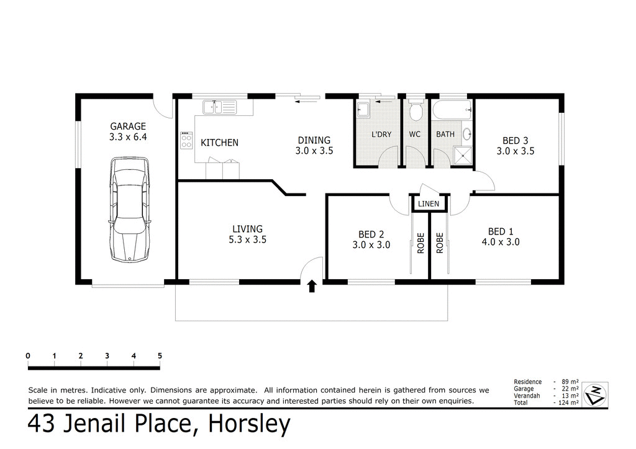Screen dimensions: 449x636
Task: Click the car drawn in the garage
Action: (x=129, y=209)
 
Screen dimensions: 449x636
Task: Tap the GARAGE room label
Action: (x=128, y=127)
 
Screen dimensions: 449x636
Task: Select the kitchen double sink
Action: (x=218, y=107)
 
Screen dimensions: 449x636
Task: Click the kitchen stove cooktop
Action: (x=186, y=140)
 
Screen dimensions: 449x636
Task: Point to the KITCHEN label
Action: (x=219, y=143)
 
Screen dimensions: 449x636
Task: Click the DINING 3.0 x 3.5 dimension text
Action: (x=314, y=150)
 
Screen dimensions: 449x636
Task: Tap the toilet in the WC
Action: (x=416, y=111)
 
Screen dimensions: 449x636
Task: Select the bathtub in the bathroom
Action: (x=451, y=110)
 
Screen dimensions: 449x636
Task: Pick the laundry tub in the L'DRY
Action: (x=363, y=110)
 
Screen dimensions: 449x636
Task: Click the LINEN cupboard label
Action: (x=429, y=204)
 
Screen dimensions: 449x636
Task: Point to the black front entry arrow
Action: (x=312, y=285)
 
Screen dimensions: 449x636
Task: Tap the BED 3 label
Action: (x=515, y=141)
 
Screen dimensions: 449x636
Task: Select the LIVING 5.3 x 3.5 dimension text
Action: (x=248, y=239)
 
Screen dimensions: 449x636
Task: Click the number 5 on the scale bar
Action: (x=160, y=356)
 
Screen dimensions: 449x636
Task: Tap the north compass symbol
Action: (x=596, y=393)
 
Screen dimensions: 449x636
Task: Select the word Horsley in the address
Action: (x=249, y=425)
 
